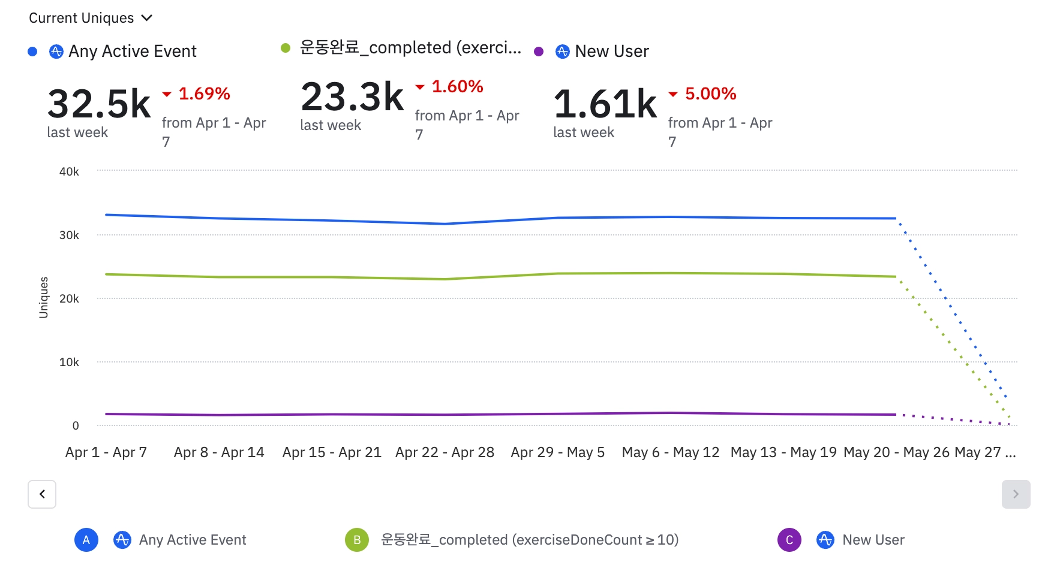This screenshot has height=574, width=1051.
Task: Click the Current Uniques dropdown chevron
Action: click(x=147, y=18)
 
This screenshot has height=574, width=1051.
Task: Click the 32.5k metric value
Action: click(x=99, y=104)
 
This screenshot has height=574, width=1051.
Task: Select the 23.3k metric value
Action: click(x=352, y=96)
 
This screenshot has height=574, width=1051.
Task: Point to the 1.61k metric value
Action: click(x=605, y=104)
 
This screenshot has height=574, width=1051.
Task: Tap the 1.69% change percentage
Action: click(x=204, y=93)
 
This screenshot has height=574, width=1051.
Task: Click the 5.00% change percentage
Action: click(x=710, y=93)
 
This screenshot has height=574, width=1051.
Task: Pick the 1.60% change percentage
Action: click(x=457, y=86)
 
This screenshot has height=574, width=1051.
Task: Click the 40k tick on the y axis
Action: click(x=69, y=172)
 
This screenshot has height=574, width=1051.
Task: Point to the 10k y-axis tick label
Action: click(x=69, y=362)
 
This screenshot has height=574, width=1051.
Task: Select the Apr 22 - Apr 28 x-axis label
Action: click(x=445, y=452)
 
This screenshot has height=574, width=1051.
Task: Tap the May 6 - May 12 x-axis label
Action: click(x=670, y=452)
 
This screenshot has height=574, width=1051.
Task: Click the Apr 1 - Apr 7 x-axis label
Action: click(x=106, y=452)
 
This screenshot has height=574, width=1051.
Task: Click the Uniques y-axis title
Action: click(x=44, y=297)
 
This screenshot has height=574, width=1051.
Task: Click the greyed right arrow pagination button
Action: click(x=1016, y=494)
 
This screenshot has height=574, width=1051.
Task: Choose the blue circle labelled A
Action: click(x=86, y=540)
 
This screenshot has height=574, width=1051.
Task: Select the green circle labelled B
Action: click(x=357, y=540)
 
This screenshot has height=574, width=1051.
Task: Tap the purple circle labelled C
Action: click(x=789, y=540)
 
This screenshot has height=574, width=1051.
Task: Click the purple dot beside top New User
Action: click(x=539, y=52)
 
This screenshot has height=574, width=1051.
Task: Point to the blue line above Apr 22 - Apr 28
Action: click(x=445, y=223)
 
